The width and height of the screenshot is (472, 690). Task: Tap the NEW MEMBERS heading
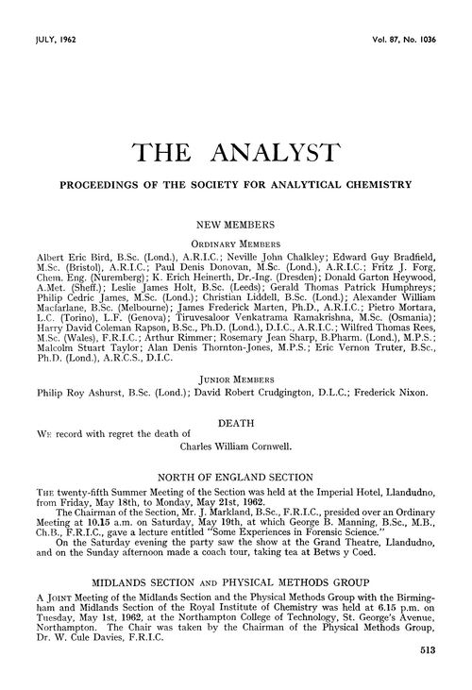point(235,227)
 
